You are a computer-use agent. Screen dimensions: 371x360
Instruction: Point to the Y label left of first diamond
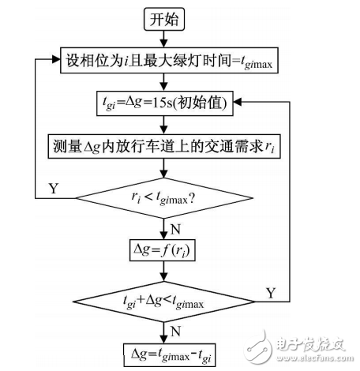[x=54, y=189]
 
